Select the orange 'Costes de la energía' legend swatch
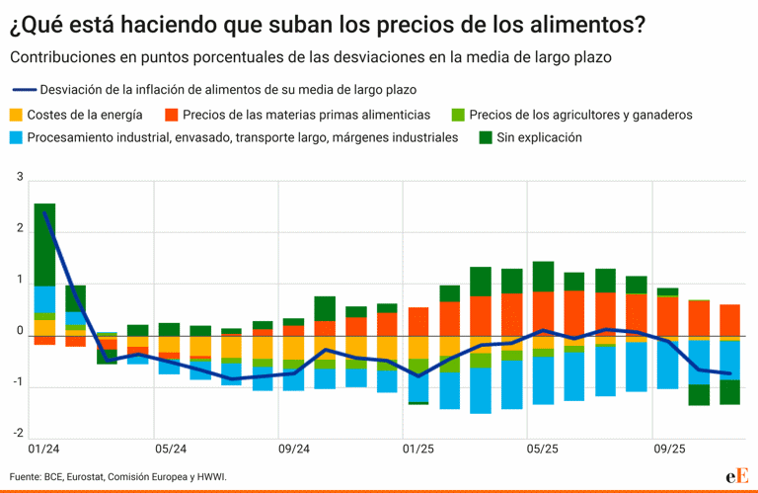[x=17, y=115]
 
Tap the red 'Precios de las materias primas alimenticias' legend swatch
[x=171, y=115]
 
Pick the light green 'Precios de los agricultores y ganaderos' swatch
[x=457, y=115]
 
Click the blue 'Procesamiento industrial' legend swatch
[x=17, y=138]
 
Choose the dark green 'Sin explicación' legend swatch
[x=486, y=138]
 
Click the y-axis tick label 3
[x=20, y=177]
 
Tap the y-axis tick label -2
[x=18, y=433]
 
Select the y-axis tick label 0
[x=20, y=331]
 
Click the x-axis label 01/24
[x=44, y=449]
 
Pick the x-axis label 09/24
[x=294, y=449]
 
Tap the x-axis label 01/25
[x=418, y=449]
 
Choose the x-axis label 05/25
[x=543, y=449]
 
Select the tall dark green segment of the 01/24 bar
[x=44, y=244]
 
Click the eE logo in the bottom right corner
[x=735, y=476]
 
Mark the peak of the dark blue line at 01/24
[x=44, y=212]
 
